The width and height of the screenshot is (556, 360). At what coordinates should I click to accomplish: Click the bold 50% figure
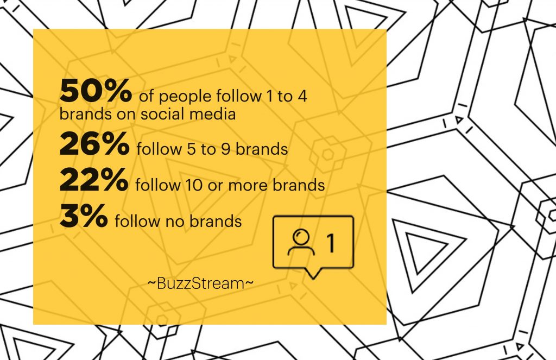96,91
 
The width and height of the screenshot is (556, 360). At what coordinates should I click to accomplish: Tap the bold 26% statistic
94,143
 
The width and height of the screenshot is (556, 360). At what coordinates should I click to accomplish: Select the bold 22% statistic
94,180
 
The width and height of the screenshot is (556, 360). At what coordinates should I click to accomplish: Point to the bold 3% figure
84,216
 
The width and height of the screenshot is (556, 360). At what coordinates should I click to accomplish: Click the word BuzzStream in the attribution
201,283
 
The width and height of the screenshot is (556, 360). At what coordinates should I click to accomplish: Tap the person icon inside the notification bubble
301,242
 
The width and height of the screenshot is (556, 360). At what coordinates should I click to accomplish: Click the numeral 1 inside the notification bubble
330,243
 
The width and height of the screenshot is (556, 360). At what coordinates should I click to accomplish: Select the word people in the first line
185,97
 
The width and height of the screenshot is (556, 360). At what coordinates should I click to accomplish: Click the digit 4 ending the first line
302,96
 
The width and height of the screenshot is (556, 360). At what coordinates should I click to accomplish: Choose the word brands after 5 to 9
262,149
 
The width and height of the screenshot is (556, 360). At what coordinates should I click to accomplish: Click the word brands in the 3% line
216,221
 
